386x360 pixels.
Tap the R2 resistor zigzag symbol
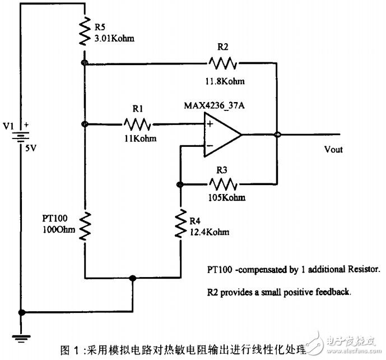(x=222, y=63)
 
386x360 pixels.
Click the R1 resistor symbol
(x=137, y=123)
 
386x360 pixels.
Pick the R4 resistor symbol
(x=180, y=224)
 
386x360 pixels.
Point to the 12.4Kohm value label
(x=210, y=232)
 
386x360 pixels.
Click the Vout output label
(x=333, y=150)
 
